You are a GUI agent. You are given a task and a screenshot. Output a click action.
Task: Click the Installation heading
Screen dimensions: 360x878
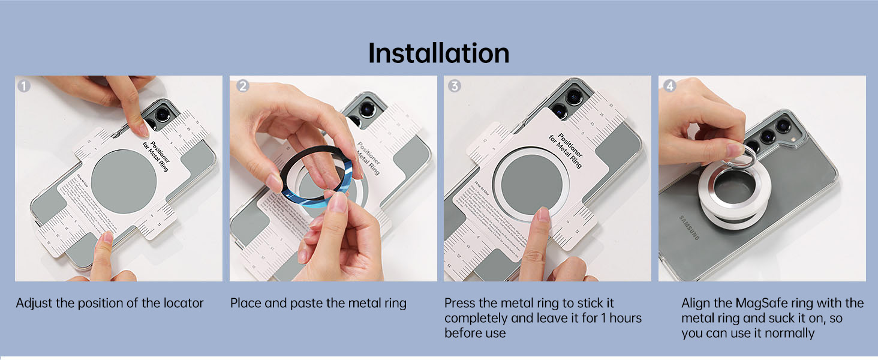pyautogui.click(x=438, y=53)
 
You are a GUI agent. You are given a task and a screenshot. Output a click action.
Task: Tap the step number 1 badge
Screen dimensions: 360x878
pyautogui.click(x=23, y=86)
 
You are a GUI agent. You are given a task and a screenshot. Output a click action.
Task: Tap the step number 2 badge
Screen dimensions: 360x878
pyautogui.click(x=243, y=86)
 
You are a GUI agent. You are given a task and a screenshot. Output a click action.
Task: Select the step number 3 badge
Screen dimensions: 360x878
pyautogui.click(x=455, y=86)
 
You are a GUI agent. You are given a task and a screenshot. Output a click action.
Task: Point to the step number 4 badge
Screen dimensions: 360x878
pyautogui.click(x=669, y=86)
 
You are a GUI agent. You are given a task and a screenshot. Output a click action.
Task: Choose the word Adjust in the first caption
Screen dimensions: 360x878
pyautogui.click(x=34, y=303)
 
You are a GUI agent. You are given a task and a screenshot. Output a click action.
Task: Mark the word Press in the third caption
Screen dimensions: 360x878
pyautogui.click(x=460, y=303)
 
